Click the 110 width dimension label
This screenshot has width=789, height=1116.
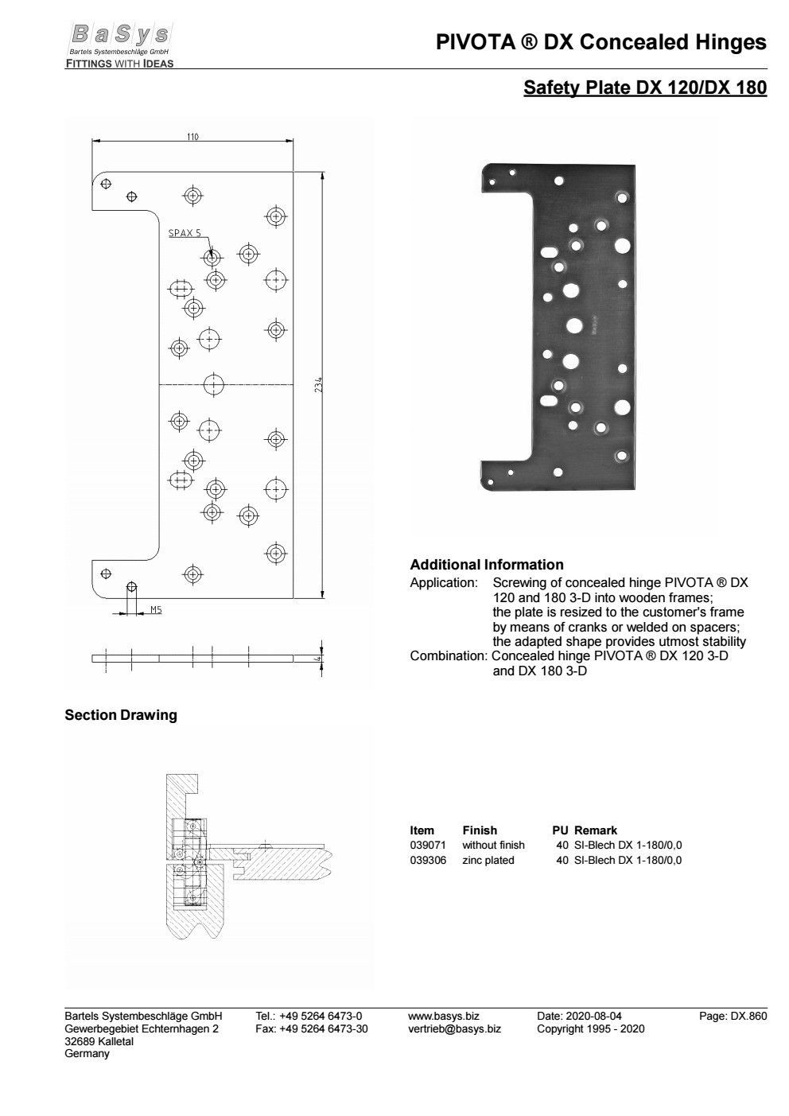192,136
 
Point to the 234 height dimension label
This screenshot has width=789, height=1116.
318,385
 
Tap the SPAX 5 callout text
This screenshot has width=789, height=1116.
185,233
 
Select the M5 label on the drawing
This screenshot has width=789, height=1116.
157,610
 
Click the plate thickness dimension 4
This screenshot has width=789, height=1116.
317,658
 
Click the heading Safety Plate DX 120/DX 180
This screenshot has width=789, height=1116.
644,88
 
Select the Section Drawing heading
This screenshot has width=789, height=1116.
121,715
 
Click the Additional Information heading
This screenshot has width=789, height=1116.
486,565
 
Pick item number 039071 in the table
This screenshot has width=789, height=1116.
428,845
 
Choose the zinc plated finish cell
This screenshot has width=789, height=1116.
488,860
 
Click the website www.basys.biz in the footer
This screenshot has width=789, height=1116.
443,1016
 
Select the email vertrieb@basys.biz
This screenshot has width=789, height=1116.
454,1029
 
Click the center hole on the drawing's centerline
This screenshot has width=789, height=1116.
213,385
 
